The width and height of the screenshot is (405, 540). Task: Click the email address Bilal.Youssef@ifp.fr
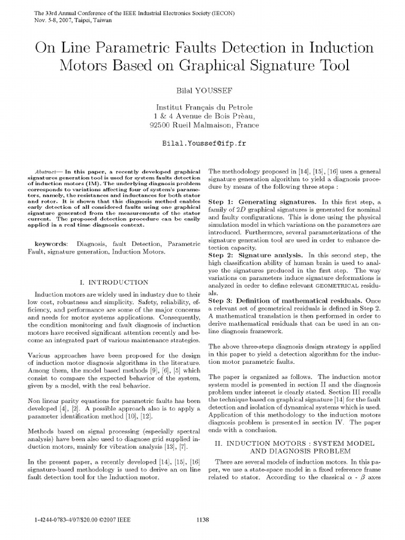202,143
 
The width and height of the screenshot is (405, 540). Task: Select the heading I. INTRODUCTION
112,282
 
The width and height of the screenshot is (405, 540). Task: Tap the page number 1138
202,520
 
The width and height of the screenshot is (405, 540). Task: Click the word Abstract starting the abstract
46,172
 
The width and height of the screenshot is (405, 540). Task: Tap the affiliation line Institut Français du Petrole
202,107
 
